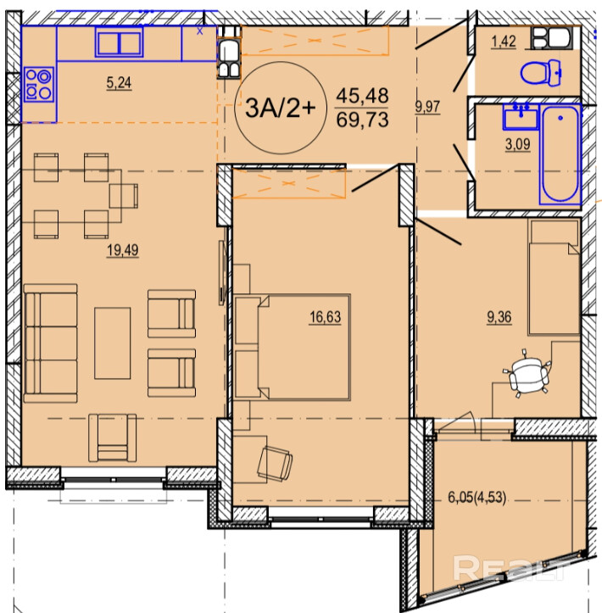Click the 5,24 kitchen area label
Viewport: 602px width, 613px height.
119,83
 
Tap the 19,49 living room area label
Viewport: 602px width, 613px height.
123,250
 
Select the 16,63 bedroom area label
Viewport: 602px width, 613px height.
326,317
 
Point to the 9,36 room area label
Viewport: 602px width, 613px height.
499,317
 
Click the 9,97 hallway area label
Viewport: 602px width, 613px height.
427,107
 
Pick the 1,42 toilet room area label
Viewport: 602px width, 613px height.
504,42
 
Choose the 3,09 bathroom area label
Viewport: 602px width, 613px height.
518,145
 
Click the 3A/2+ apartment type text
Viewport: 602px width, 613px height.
280,108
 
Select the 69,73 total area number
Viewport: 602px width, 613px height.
362,120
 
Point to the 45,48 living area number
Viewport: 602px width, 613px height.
362,96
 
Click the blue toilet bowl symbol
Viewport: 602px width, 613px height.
541,73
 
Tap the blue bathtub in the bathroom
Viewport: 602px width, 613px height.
560,154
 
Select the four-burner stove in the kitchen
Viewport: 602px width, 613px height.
38,85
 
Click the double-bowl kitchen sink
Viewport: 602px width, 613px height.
119,42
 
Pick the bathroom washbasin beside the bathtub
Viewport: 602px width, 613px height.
521,116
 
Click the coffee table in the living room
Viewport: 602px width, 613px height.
112,343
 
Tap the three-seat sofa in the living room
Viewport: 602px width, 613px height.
50,343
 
